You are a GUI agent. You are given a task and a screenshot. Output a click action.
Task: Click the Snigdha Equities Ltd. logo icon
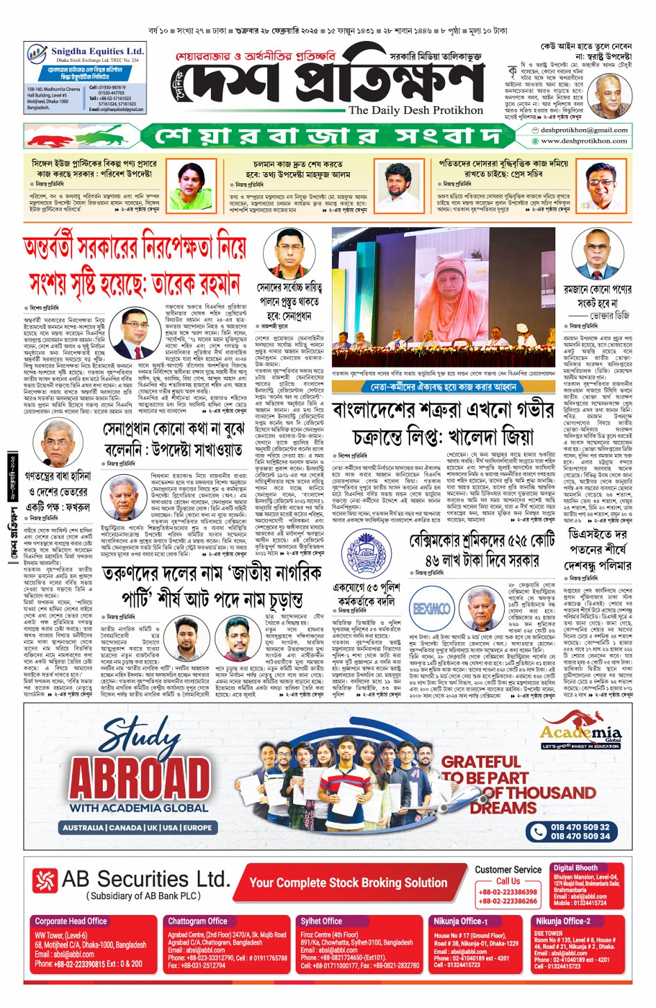[x=37, y=53]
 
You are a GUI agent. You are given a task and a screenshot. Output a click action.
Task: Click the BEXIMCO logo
[x=431, y=609]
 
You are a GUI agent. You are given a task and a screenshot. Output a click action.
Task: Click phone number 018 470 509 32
[x=580, y=827]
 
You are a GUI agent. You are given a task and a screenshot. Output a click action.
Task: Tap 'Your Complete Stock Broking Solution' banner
[x=348, y=882]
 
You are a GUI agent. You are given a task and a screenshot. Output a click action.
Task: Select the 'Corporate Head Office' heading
[x=71, y=921]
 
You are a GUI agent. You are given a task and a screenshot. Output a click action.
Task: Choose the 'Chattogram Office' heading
[x=198, y=921]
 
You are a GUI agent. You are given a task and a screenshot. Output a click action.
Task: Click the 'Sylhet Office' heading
[x=321, y=921]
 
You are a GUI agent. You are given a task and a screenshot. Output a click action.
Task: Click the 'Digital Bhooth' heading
[x=575, y=868]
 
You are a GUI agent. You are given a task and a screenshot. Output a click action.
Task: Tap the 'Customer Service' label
[x=508, y=870]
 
